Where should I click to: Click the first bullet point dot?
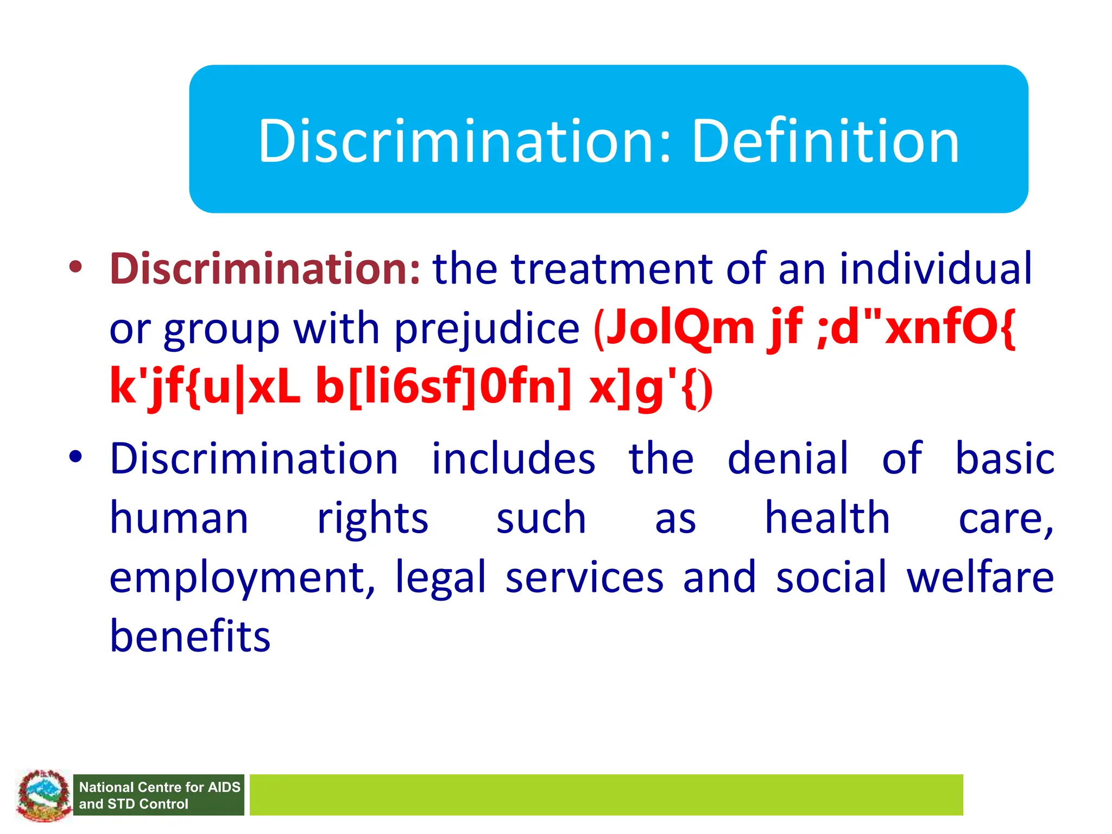pos(75,267)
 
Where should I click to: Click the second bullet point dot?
pos(75,457)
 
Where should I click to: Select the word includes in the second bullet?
pos(513,459)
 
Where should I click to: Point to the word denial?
pos(787,459)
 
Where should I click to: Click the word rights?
pos(372,519)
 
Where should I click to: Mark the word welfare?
pos(980,577)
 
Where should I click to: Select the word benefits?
pos(190,636)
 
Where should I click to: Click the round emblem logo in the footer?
pos(43,794)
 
